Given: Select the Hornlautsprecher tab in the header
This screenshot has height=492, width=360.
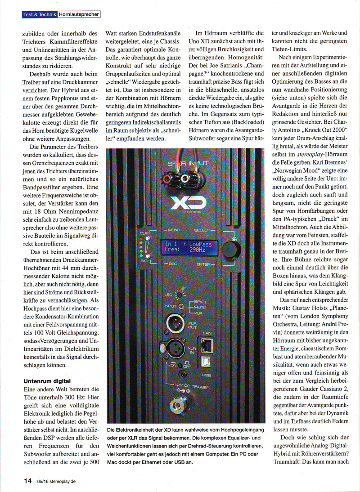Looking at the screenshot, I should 79,14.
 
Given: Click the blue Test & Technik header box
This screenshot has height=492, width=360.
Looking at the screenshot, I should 40,14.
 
